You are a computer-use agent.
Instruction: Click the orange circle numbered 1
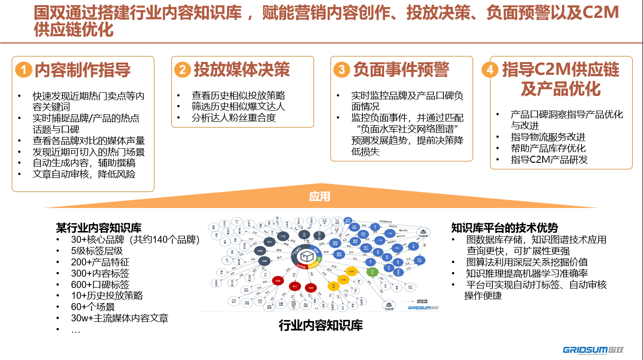point(24,70)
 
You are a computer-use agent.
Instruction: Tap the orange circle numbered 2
point(182,70)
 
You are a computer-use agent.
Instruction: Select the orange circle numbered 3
point(341,70)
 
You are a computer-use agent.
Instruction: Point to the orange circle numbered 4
point(490,70)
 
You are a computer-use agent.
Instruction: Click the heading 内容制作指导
point(83,70)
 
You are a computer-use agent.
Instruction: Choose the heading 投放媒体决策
point(242,70)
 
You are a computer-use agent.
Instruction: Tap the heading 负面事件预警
point(401,70)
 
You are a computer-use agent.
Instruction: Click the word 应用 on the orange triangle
point(320,196)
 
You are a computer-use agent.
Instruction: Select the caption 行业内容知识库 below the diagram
point(321,325)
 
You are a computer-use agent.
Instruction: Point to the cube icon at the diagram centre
point(307,256)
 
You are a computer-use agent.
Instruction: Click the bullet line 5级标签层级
point(96,251)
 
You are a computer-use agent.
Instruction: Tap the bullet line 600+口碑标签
point(100,285)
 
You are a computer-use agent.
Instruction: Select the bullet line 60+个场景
point(93,307)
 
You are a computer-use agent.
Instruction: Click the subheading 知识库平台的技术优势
point(505,228)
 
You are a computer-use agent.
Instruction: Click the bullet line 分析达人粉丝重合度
point(233,118)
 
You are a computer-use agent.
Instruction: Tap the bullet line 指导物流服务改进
point(548,137)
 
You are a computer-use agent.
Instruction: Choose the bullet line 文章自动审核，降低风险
point(84,174)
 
